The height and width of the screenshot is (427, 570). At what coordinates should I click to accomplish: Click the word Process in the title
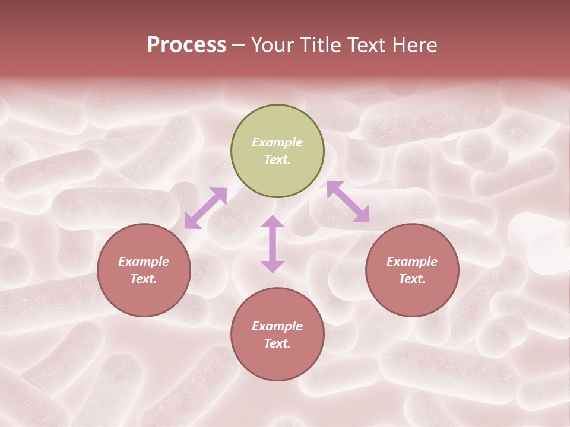[186, 45]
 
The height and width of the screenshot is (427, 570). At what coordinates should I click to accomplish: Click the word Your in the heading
[273, 45]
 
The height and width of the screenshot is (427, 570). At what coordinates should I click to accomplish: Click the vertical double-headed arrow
[273, 244]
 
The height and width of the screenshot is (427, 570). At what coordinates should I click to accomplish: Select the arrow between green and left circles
[205, 208]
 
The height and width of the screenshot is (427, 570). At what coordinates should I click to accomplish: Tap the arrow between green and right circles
[349, 202]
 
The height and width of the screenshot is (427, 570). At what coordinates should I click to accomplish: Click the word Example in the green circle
[277, 142]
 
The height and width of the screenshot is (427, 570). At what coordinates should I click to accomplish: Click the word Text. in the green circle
[277, 160]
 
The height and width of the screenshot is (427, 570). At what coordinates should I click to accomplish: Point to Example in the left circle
[144, 262]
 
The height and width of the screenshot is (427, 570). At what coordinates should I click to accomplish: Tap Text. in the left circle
[144, 279]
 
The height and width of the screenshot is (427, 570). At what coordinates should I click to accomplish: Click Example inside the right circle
[412, 262]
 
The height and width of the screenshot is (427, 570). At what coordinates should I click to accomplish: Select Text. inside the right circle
[412, 279]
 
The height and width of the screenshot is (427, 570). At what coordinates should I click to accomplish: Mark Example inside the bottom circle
[277, 326]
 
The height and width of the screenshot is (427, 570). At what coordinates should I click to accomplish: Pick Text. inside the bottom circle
[277, 343]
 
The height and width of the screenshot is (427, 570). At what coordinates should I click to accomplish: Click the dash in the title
[239, 46]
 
